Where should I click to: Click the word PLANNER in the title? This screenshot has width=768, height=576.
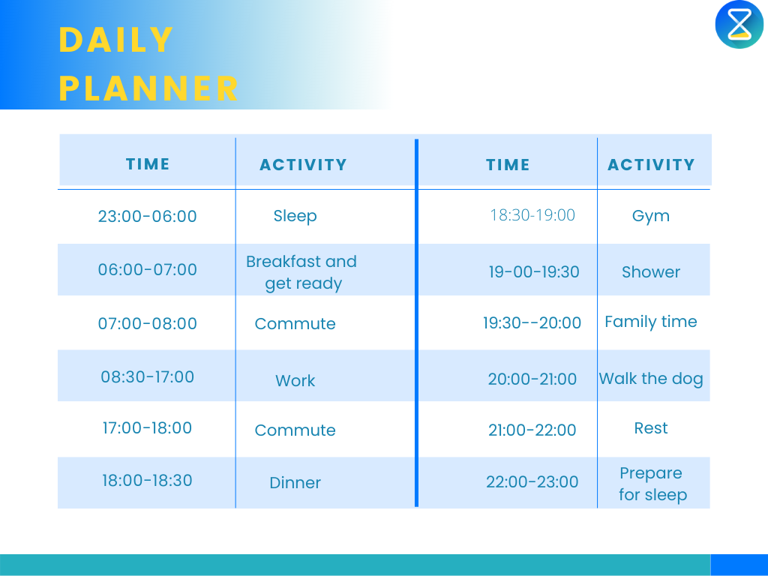(x=148, y=88)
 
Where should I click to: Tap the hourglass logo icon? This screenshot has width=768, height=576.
(x=739, y=24)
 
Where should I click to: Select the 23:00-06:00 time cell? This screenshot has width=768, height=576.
(x=148, y=216)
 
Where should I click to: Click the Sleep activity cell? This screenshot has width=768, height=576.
(x=295, y=216)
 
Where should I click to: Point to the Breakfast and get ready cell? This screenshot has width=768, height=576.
(x=301, y=272)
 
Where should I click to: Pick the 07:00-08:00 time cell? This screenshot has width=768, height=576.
(x=148, y=323)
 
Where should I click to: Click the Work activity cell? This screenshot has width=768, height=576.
(x=295, y=380)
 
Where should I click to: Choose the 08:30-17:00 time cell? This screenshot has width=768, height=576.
(x=148, y=376)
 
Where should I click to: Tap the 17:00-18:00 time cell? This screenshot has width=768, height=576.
(x=148, y=427)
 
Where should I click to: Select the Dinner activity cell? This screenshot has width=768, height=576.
(x=295, y=482)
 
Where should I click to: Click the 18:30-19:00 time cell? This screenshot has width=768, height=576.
(x=532, y=215)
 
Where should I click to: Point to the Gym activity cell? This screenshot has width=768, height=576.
(x=650, y=216)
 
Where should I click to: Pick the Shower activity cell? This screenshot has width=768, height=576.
(x=650, y=271)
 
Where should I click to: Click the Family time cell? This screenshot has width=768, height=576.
(x=650, y=322)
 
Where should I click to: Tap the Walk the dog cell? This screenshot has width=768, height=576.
(x=650, y=379)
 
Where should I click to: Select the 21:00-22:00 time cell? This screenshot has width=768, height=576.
(x=532, y=430)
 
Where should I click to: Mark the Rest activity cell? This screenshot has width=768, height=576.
(x=650, y=428)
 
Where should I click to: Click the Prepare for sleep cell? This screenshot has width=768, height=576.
(x=652, y=484)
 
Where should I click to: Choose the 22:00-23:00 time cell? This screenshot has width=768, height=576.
(x=532, y=482)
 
